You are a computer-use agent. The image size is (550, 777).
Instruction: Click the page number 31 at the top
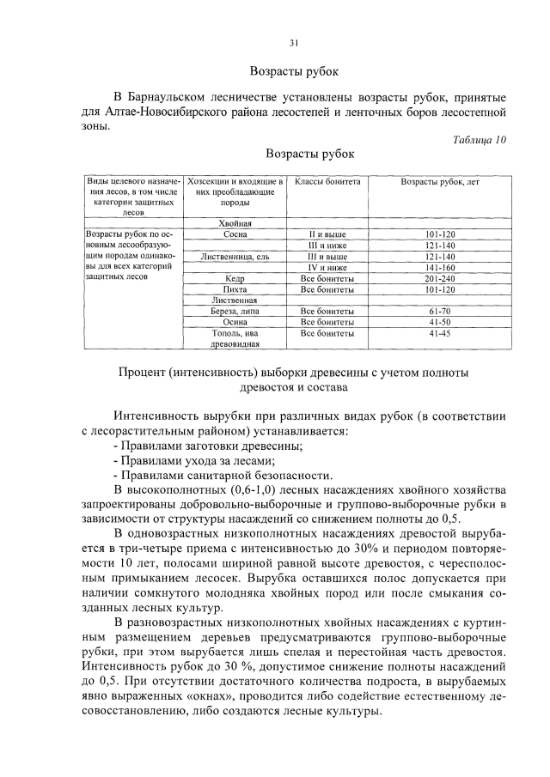point(293,42)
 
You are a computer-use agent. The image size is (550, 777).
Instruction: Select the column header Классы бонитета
point(327,182)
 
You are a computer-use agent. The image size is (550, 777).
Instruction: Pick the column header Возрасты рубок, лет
point(440,182)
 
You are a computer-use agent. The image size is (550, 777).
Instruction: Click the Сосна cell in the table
point(235,234)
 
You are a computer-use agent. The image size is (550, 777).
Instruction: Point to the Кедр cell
point(235,278)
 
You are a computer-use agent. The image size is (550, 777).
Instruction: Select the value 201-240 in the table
point(440,278)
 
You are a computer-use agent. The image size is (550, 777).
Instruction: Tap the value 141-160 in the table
point(440,267)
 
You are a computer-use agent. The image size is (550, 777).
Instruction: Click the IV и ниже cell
point(327,267)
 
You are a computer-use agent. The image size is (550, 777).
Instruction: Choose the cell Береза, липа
point(235,311)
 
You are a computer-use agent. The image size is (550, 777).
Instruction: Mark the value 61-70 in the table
point(440,311)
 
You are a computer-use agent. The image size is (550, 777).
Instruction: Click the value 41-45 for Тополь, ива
point(440,333)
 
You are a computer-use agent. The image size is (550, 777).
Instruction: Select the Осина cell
point(235,322)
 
